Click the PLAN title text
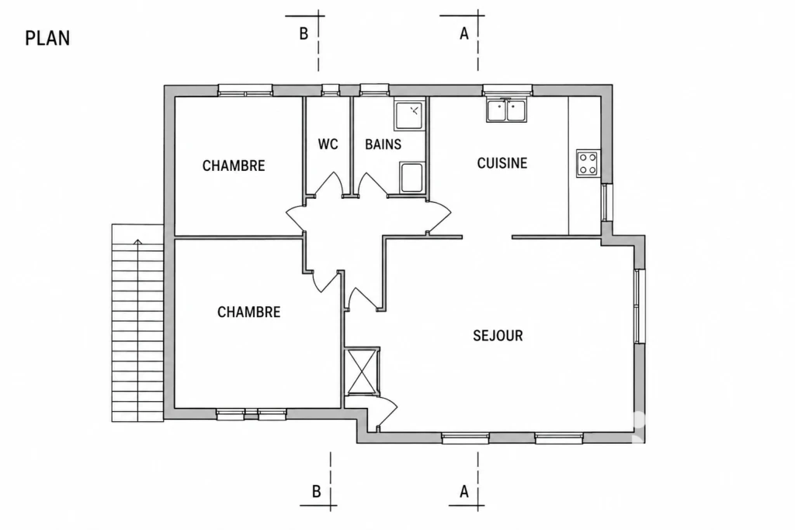click(47, 39)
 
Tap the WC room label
click(328, 145)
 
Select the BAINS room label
click(384, 145)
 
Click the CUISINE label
click(502, 163)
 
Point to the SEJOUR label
click(498, 336)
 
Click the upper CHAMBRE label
click(234, 166)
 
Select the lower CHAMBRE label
click(249, 312)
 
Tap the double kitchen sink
click(507, 110)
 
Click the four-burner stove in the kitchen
click(588, 163)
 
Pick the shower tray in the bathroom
click(409, 115)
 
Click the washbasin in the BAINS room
click(411, 178)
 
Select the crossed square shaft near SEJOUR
click(362, 371)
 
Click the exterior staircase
click(137, 323)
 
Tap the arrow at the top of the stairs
click(137, 242)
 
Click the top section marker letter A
click(464, 33)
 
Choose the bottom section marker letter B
click(317, 491)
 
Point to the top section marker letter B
click(304, 33)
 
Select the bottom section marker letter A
click(464, 491)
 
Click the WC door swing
click(329, 183)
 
